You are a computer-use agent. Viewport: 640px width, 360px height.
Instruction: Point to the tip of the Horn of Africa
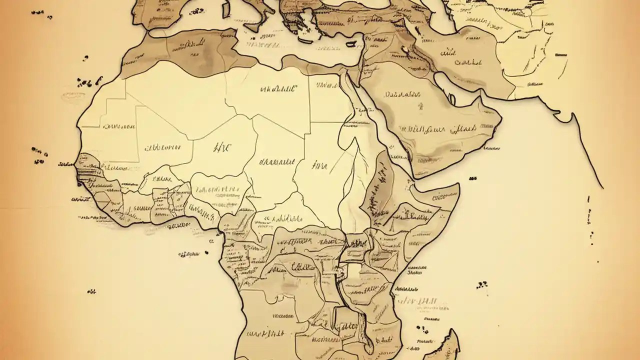click(457, 186)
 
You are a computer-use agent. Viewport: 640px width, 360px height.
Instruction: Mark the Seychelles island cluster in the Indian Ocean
click(482, 284)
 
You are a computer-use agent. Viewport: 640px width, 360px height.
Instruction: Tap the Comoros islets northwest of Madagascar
click(422, 329)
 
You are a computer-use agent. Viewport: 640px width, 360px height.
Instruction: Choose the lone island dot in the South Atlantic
click(91, 290)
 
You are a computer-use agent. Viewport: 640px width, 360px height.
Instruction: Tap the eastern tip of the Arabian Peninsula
click(500, 120)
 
